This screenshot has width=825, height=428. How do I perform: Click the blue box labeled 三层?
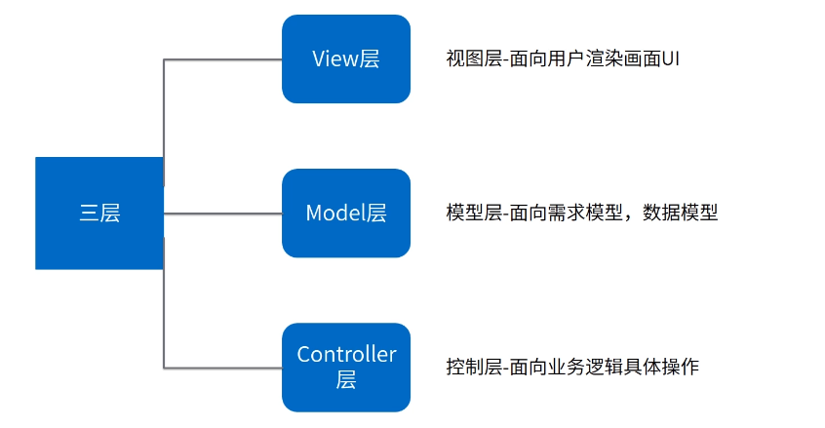click(99, 213)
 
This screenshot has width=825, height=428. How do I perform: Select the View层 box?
click(346, 58)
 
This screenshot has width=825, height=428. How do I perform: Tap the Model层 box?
click(346, 213)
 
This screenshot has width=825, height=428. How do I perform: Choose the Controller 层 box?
click(346, 367)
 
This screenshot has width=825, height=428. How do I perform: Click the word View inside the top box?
click(334, 58)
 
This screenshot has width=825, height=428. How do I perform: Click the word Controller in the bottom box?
click(346, 355)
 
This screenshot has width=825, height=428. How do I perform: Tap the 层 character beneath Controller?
click(346, 380)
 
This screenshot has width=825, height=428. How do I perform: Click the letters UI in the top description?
click(670, 58)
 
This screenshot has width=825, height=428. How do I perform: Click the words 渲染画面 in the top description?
click(619, 58)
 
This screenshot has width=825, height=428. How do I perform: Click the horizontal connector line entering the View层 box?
click(222, 59)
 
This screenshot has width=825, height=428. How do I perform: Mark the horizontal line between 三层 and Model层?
click(222, 213)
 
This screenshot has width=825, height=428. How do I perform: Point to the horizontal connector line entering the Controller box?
click(222, 368)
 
